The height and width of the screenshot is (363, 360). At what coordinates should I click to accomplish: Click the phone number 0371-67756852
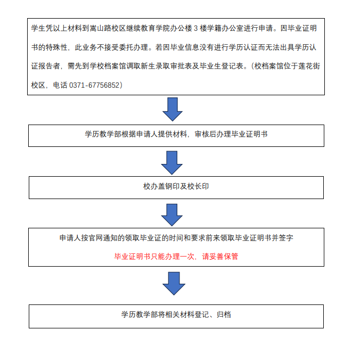pos(94,85)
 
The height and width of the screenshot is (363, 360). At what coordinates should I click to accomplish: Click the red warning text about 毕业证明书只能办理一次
pos(176,256)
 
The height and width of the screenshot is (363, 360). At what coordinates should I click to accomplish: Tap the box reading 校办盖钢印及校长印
pos(176,187)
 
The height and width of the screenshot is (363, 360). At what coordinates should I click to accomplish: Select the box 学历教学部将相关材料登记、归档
pos(176,316)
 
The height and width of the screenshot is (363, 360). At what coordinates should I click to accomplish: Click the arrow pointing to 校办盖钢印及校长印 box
pos(172,163)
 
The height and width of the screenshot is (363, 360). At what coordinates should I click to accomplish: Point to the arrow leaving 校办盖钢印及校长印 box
pos(172,215)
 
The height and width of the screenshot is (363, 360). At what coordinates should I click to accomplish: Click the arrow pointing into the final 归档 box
pos(174,283)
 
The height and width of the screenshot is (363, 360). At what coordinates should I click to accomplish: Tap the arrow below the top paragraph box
pos(173,109)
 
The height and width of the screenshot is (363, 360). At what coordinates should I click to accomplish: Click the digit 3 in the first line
pos(196,28)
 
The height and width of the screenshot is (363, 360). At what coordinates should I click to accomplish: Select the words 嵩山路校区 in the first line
pos(108,28)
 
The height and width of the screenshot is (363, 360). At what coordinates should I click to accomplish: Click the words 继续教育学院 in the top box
pos(148,28)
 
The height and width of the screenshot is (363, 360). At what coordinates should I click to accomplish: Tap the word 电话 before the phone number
pos(60,85)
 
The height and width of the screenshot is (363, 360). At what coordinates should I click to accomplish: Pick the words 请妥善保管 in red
pos(220,256)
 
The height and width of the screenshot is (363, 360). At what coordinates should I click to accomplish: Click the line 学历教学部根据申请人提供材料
pos(136,134)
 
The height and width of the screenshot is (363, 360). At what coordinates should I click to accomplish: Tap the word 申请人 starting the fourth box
pos(70,238)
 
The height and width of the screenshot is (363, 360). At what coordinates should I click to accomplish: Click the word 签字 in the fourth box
pos(286,238)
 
